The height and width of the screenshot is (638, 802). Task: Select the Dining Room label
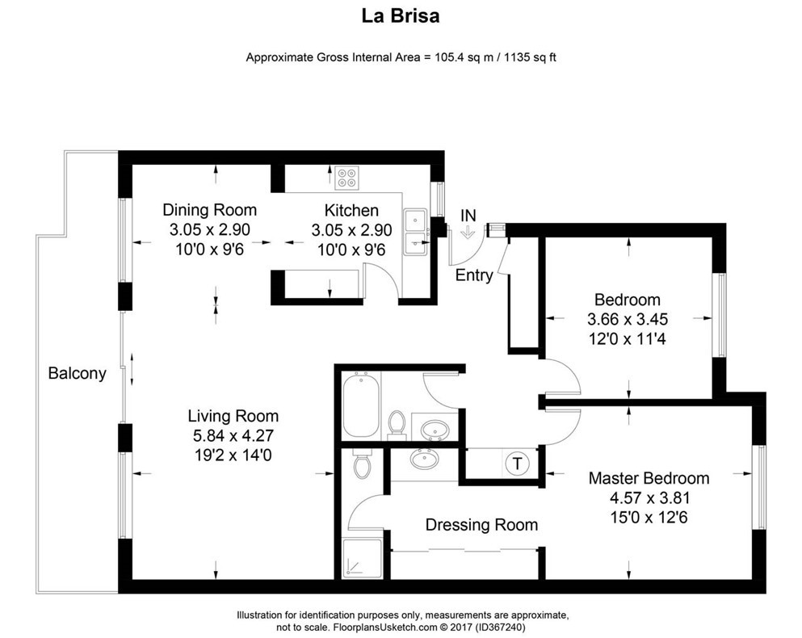(209, 210)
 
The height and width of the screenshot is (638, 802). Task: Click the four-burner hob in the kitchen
(348, 178)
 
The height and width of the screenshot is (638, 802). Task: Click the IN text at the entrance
(468, 216)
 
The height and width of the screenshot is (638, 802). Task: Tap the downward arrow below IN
(468, 233)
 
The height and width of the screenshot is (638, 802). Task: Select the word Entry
(474, 275)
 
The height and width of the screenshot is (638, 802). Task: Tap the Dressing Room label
(481, 525)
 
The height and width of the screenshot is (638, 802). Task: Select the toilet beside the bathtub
(396, 423)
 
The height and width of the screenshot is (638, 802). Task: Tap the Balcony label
(77, 374)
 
